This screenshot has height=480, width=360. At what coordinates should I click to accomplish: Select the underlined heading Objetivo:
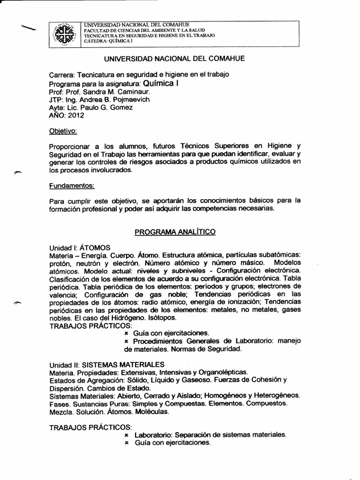click(63, 130)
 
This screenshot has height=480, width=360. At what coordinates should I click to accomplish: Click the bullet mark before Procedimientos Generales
click(126, 341)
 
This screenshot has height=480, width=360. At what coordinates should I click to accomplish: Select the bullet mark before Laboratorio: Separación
click(126, 434)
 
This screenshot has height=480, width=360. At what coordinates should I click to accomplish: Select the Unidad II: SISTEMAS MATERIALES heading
click(107, 364)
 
